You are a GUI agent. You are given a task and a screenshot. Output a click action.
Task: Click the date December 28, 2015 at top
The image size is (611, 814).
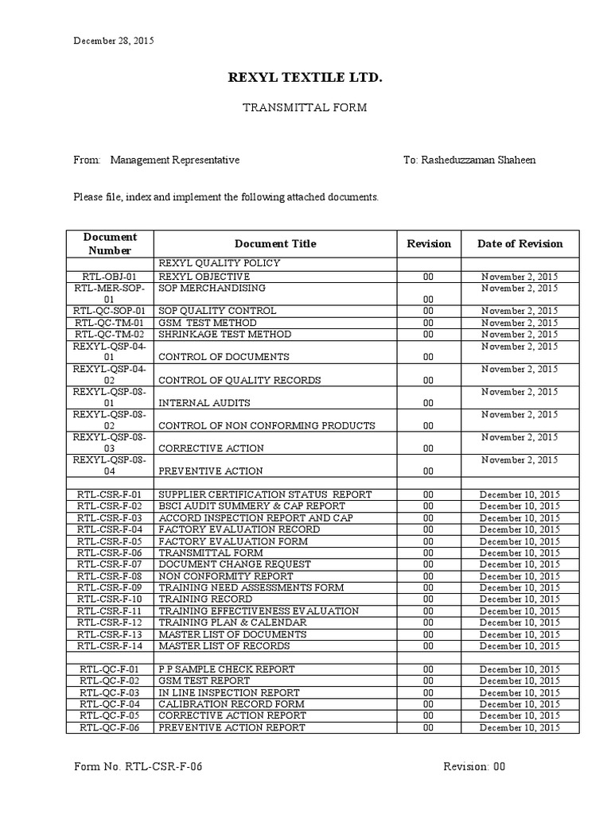(114, 41)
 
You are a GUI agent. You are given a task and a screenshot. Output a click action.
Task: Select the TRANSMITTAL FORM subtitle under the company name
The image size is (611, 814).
(305, 107)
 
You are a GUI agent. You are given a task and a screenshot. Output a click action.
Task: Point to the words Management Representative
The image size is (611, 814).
(175, 160)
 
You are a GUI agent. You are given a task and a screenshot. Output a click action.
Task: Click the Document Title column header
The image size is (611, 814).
(275, 244)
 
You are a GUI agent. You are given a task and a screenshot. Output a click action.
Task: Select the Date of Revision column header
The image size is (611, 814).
(520, 244)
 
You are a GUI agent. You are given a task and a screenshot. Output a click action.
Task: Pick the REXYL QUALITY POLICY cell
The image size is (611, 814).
(220, 263)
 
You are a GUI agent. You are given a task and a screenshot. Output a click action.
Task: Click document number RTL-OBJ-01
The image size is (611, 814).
(110, 276)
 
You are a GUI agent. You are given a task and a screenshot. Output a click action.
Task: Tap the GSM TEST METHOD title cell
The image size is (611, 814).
(208, 323)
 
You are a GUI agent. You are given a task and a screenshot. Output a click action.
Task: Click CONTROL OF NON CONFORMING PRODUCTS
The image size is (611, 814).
(267, 425)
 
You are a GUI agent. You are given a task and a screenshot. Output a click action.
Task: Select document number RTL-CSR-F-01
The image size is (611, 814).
(110, 494)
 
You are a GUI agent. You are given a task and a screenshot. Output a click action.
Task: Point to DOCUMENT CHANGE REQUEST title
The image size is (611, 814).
(235, 564)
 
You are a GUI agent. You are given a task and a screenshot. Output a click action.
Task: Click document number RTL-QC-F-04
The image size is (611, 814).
(110, 704)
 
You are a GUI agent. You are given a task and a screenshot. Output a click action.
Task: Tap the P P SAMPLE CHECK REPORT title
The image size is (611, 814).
(227, 669)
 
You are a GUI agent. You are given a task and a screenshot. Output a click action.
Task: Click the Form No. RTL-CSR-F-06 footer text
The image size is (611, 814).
(143, 767)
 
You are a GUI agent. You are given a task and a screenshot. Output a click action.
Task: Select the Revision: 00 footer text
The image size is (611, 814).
(474, 767)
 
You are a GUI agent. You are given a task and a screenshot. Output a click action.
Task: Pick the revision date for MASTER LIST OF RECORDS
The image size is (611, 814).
(520, 646)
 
